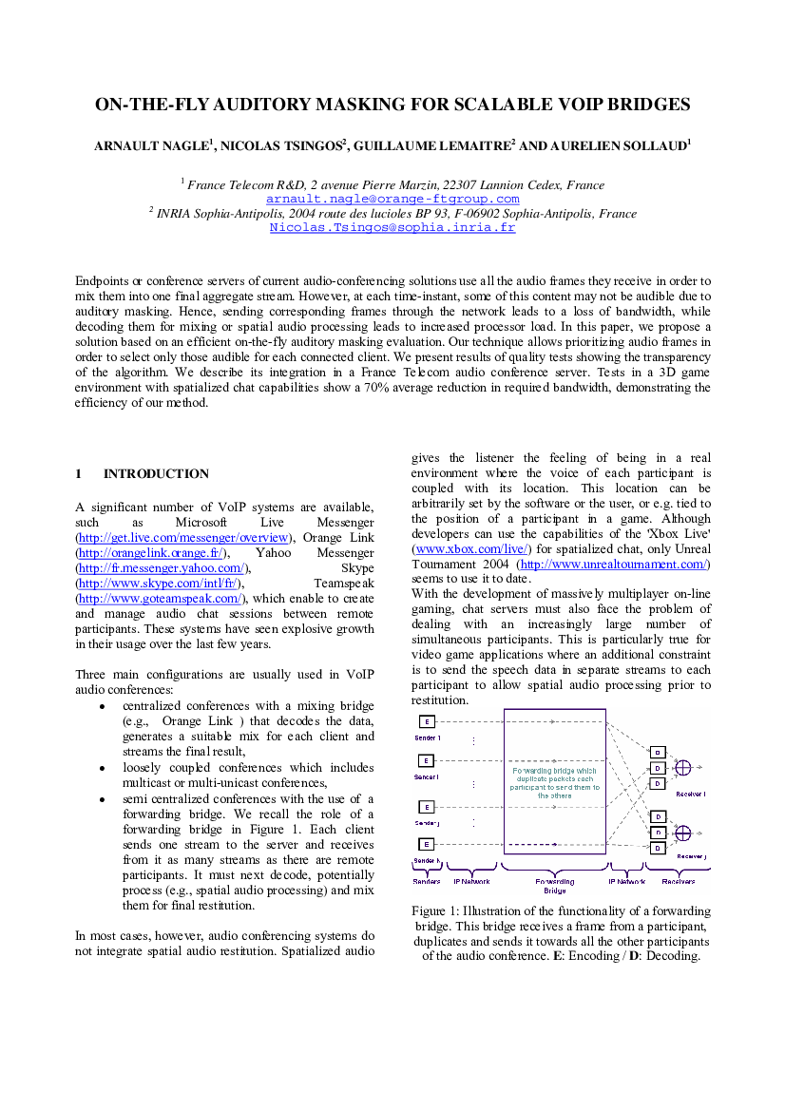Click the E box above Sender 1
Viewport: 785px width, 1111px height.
pyautogui.click(x=427, y=722)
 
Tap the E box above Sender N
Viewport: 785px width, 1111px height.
pyautogui.click(x=427, y=844)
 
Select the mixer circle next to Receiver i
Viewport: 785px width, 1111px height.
pyautogui.click(x=682, y=767)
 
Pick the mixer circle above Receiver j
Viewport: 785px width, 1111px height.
pyautogui.click(x=682, y=833)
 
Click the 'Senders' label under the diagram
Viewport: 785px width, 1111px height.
pyautogui.click(x=427, y=881)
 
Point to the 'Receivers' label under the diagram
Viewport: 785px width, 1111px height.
pyautogui.click(x=678, y=881)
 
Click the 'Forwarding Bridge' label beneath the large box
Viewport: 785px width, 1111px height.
pyautogui.click(x=555, y=886)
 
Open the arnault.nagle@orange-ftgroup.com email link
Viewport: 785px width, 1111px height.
pyautogui.click(x=392, y=199)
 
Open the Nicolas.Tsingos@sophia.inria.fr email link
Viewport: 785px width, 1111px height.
pyautogui.click(x=392, y=227)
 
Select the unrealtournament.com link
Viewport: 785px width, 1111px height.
pyautogui.click(x=614, y=565)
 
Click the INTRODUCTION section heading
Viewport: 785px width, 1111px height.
pyautogui.click(x=156, y=474)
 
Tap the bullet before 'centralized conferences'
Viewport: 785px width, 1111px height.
pyautogui.click(x=103, y=706)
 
